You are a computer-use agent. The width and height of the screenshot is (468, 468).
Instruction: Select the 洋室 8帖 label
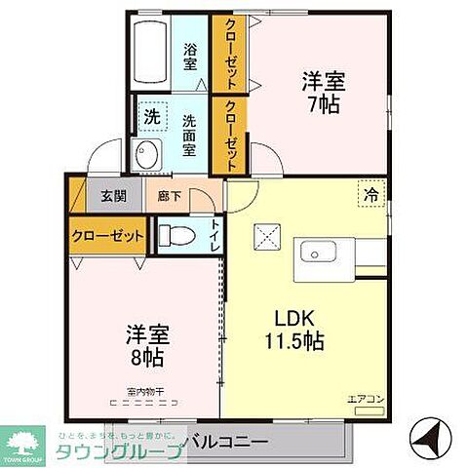[x=147, y=344]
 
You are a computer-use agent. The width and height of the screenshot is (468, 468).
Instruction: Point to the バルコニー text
[x=229, y=442]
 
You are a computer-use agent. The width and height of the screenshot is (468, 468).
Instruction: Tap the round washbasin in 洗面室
[x=149, y=154]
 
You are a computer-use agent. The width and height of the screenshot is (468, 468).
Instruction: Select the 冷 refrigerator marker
[x=370, y=194]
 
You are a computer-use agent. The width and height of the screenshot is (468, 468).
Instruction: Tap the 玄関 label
[x=112, y=195]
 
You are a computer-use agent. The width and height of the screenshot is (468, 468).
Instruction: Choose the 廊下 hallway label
[x=169, y=195]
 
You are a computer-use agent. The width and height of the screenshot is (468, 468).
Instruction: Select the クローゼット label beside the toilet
[x=106, y=235]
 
